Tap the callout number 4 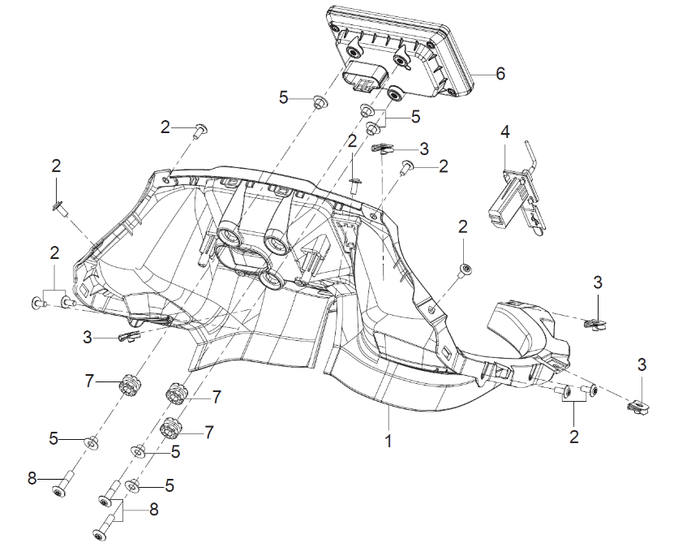[x=505, y=131]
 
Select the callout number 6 [x=500, y=74]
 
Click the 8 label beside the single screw [x=32, y=478]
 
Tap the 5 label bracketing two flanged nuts [x=416, y=117]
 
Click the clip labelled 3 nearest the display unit [x=384, y=149]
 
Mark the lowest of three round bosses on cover [x=270, y=280]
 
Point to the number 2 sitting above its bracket [x=54, y=254]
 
